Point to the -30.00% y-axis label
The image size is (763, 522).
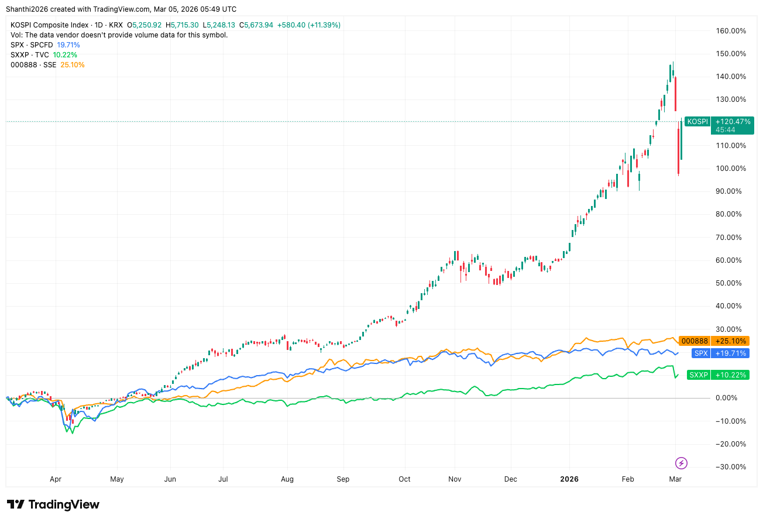click(731, 467)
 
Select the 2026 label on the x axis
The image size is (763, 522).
click(569, 479)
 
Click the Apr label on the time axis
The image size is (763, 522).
click(56, 479)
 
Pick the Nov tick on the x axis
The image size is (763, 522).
click(455, 479)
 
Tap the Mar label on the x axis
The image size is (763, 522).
click(675, 479)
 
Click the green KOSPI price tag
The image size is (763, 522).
click(697, 121)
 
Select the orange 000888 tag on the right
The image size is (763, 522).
click(695, 341)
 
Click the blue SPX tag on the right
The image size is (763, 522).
click(700, 353)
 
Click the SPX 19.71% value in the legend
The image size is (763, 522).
click(68, 45)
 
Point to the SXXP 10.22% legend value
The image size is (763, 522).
click(64, 55)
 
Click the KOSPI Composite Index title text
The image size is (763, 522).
click(50, 25)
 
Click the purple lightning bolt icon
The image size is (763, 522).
click(681, 463)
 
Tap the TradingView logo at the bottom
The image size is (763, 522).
click(53, 504)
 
